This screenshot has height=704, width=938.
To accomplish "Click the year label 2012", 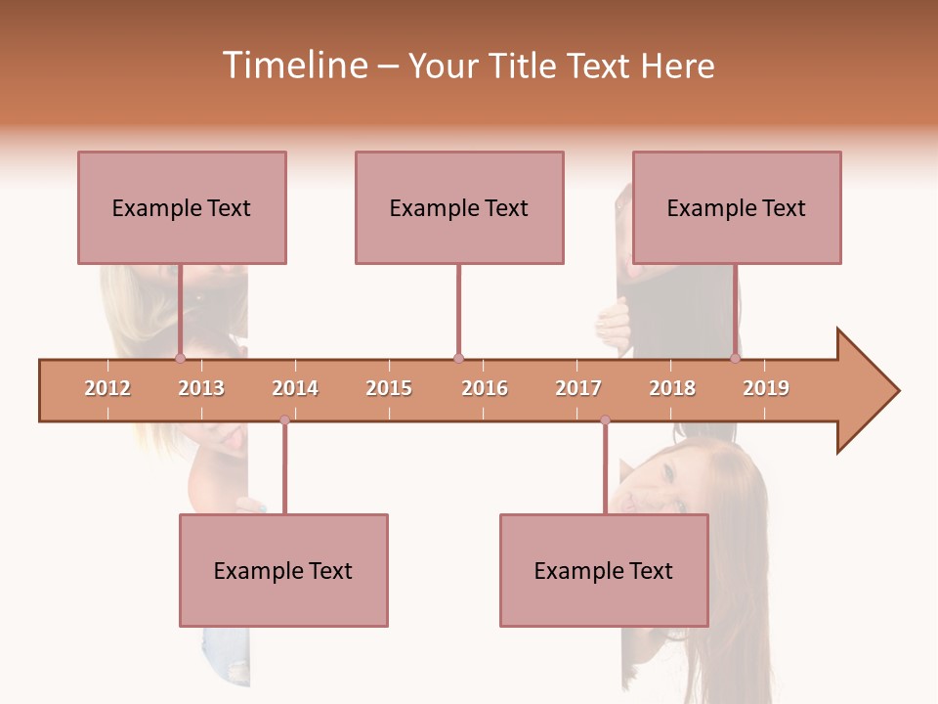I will [x=107, y=388].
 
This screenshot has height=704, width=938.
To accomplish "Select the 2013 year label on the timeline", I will [x=201, y=388].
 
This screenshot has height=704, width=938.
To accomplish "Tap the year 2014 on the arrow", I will [x=295, y=388].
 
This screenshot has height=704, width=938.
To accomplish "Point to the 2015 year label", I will [x=389, y=388].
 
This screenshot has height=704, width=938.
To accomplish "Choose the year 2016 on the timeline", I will [x=485, y=388].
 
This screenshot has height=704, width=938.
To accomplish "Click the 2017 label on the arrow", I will [x=578, y=388].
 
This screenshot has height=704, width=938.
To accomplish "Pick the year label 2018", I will [x=672, y=388].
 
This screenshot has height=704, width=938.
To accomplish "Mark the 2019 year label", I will [x=766, y=388].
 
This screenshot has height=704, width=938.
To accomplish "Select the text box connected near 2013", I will [x=182, y=207].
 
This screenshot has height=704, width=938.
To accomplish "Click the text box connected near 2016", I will [x=459, y=207].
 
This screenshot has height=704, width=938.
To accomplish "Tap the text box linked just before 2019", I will [x=737, y=207].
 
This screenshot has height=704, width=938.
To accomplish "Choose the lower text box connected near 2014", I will [x=283, y=570].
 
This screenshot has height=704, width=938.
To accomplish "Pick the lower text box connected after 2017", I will [x=604, y=570].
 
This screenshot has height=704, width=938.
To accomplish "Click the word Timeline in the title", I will [x=293, y=66].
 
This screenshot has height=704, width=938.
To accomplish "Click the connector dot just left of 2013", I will [x=180, y=359].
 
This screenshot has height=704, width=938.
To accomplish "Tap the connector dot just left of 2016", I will [x=458, y=359].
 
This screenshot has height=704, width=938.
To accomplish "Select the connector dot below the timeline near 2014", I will [x=284, y=420].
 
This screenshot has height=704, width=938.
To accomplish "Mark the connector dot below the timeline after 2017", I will [x=605, y=420].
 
